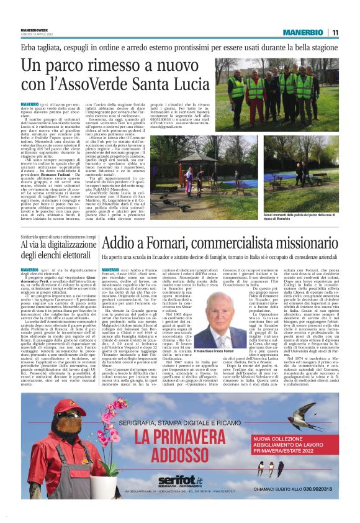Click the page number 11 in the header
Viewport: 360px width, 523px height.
pyautogui.click(x=352, y=32)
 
